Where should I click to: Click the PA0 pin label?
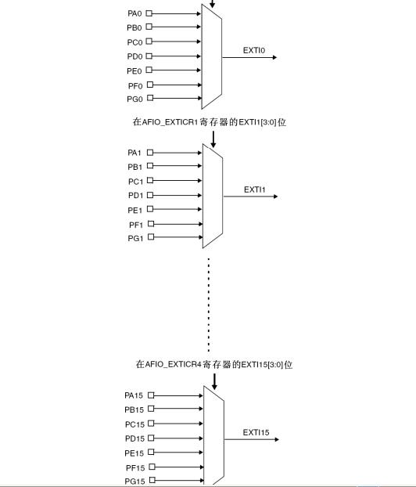(134, 13)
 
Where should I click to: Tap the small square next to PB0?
(149, 27)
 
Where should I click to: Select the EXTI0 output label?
(254, 50)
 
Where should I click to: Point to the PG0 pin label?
(134, 99)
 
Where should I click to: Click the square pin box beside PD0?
(149, 56)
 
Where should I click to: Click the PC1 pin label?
(135, 182)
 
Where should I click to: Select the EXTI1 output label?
(254, 189)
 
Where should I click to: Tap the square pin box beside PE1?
(150, 209)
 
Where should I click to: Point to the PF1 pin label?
(136, 225)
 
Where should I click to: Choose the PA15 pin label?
(134, 395)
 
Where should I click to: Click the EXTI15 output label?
(256, 432)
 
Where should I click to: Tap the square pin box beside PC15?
(151, 424)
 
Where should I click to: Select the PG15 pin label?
(134, 482)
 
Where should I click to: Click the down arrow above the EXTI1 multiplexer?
(213, 139)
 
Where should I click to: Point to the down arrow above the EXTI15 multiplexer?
(214, 382)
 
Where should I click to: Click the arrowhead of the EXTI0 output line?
(274, 57)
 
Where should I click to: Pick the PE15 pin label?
(134, 453)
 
